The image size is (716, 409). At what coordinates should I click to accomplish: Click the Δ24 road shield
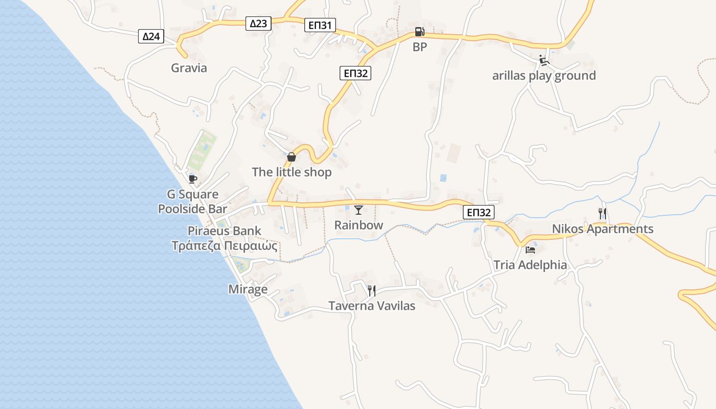pyautogui.click(x=151, y=36)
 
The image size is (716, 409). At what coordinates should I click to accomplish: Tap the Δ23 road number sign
pyautogui.click(x=258, y=23)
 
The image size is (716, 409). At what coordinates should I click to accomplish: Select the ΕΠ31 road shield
pyautogui.click(x=320, y=25)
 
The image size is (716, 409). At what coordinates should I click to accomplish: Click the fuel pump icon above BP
pyautogui.click(x=419, y=32)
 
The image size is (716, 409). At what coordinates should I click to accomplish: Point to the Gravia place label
pyautogui.click(x=189, y=68)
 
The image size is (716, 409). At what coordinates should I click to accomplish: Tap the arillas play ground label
pyautogui.click(x=544, y=76)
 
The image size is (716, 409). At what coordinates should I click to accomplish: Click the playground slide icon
pyautogui.click(x=544, y=60)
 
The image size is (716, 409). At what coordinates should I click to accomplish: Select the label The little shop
pyautogui.click(x=292, y=172)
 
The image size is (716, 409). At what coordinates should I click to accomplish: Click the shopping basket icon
pyautogui.click(x=292, y=157)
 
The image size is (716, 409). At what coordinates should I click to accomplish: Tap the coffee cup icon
pyautogui.click(x=192, y=178)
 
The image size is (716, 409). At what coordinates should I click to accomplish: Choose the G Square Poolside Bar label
pyautogui.click(x=193, y=201)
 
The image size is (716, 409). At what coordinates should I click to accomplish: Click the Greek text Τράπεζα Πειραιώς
pyautogui.click(x=225, y=246)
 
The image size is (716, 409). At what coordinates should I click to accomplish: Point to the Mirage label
pyautogui.click(x=248, y=289)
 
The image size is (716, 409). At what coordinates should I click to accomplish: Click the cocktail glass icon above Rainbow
pyautogui.click(x=359, y=210)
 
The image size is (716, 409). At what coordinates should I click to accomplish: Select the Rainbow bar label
pyautogui.click(x=359, y=225)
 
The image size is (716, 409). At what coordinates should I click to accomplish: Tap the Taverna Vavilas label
pyautogui.click(x=372, y=306)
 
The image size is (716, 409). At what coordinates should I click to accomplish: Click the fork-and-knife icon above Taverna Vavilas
pyautogui.click(x=372, y=290)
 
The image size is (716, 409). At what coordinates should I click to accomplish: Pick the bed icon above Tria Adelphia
pyautogui.click(x=530, y=250)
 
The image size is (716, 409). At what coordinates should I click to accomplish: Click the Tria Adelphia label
pyautogui.click(x=530, y=265)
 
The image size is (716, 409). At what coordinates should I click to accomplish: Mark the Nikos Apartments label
pyautogui.click(x=602, y=229)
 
